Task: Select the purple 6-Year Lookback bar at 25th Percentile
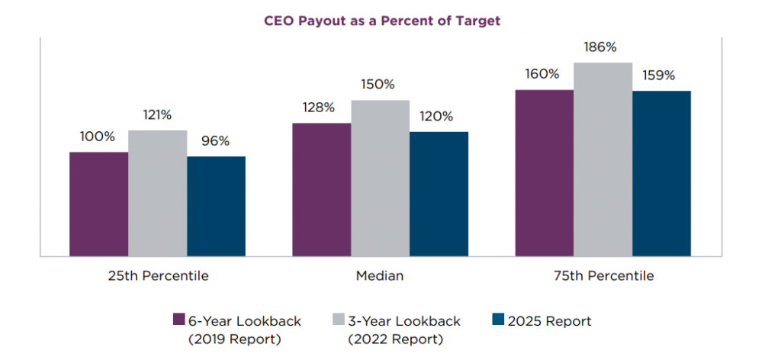point(99,204)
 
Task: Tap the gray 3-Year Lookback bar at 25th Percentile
point(158,193)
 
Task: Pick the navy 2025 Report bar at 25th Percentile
point(216,206)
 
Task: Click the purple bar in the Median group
point(322,189)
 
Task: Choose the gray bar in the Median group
point(381,178)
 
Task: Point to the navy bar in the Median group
point(439,194)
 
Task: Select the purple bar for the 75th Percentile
point(545,172)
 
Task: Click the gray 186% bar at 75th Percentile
point(603,159)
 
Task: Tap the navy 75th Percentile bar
point(661,173)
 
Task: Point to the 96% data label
point(216,141)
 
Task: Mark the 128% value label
point(319,108)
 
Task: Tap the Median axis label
point(380,276)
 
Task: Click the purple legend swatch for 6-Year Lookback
point(180,320)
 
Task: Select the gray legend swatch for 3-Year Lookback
point(339,320)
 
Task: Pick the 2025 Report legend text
point(550,321)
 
